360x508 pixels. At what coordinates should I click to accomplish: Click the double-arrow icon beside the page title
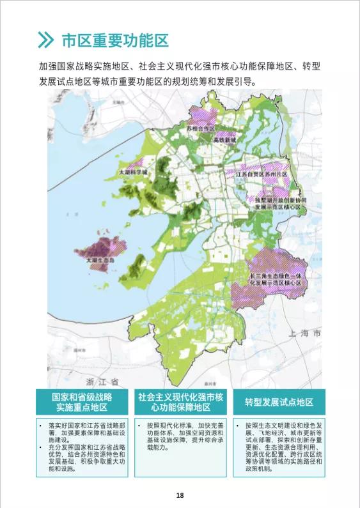(x=45, y=40)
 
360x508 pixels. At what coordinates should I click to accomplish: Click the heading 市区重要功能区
(x=115, y=40)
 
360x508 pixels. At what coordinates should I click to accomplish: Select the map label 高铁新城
(x=224, y=139)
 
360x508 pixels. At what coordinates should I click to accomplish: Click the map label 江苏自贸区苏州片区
(x=262, y=174)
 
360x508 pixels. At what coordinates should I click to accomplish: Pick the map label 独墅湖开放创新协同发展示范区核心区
(x=278, y=204)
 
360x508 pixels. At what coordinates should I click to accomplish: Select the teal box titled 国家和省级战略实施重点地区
(x=82, y=402)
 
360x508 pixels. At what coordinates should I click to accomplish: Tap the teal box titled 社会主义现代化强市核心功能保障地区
(x=180, y=402)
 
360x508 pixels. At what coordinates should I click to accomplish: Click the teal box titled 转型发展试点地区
(x=279, y=402)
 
